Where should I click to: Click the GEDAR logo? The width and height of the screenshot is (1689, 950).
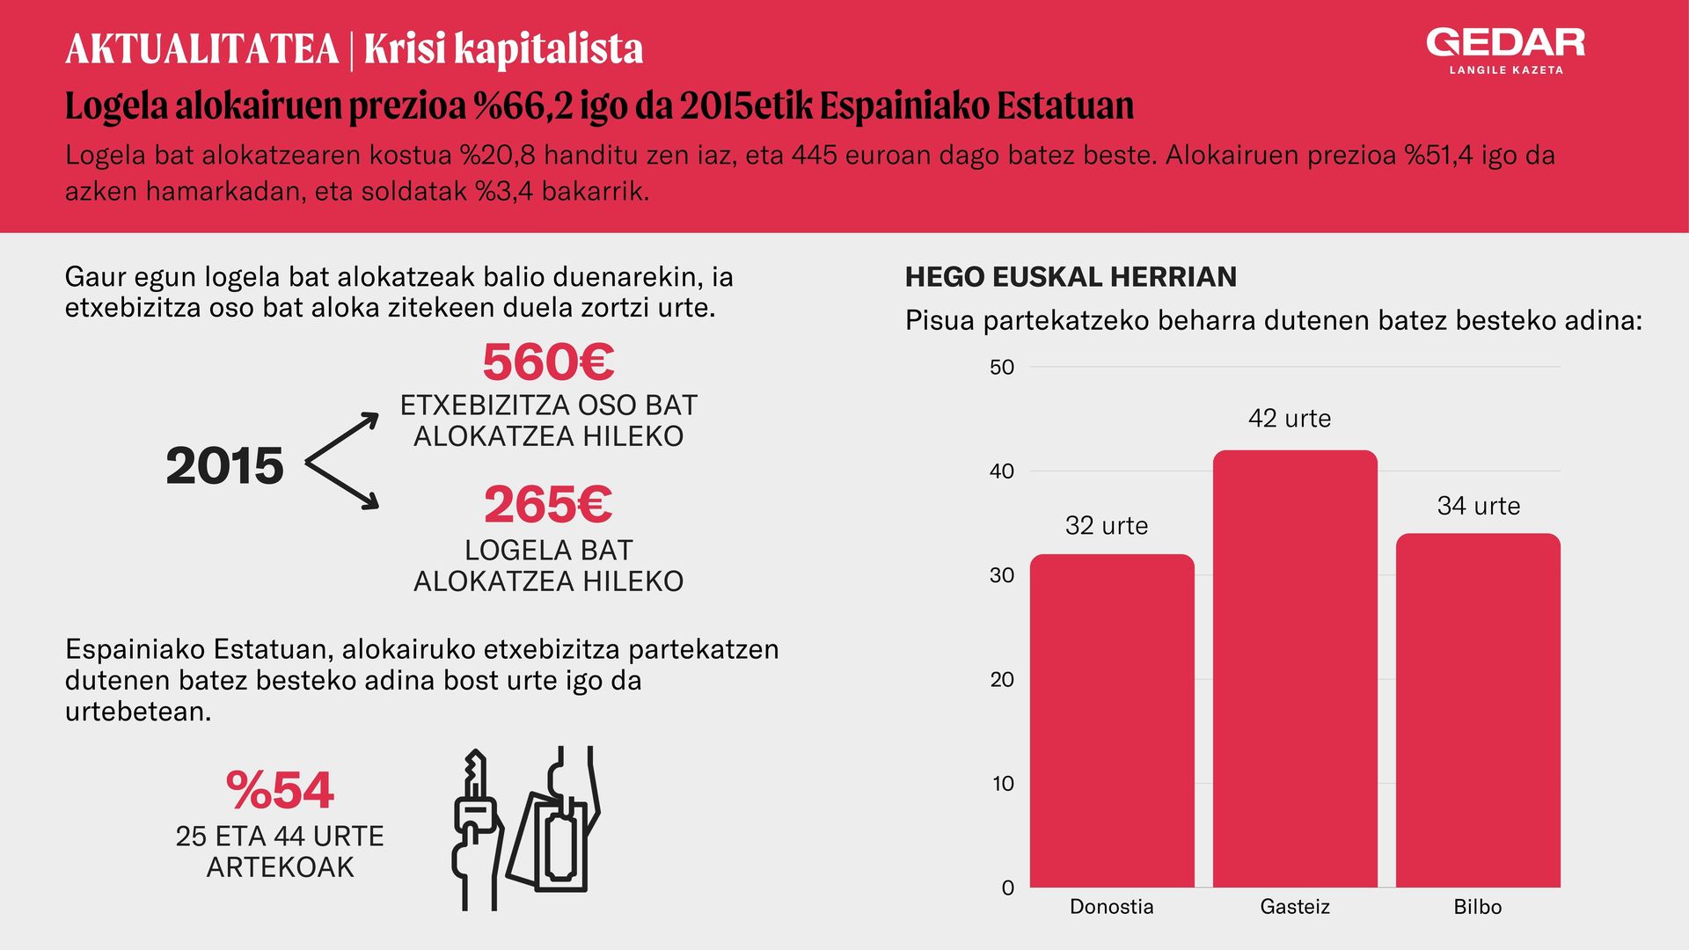[x=1506, y=51]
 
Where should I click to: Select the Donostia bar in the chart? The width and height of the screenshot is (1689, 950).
[x=1112, y=720]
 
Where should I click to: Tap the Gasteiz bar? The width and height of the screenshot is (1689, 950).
[x=1295, y=669]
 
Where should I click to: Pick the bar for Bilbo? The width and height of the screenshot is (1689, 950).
[x=1478, y=710]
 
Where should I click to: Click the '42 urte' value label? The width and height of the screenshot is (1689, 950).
[x=1290, y=418]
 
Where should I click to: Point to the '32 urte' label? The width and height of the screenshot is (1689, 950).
[x=1107, y=525]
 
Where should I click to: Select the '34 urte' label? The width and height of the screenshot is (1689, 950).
[x=1479, y=506]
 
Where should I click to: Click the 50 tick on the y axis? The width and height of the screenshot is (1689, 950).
[x=1002, y=367]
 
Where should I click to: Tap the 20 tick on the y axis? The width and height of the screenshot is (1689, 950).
[x=1002, y=679]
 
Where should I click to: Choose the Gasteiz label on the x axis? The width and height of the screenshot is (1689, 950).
[x=1295, y=906]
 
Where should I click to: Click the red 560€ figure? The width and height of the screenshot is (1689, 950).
[x=548, y=362]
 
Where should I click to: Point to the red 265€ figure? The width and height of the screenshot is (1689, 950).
[x=548, y=505]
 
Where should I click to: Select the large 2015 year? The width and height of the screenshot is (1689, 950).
[x=225, y=465]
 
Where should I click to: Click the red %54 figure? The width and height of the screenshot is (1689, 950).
[x=280, y=790]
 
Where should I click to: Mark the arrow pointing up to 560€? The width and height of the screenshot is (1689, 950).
[x=342, y=437]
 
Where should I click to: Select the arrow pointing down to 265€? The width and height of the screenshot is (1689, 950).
[x=342, y=486]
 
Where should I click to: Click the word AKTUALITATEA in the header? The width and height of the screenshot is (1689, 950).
[x=202, y=49]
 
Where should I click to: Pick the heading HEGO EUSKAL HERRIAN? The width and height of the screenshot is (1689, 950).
[x=1071, y=277]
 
